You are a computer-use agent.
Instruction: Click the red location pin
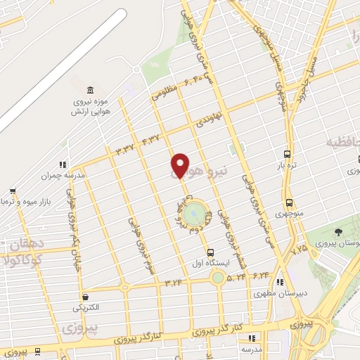[x=180, y=165]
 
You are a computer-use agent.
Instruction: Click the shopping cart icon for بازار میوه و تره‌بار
[x=13, y=191]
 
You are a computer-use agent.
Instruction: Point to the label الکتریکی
[x=85, y=307]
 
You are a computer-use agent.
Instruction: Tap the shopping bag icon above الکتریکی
[x=85, y=297]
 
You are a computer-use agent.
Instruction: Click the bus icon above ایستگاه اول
[x=210, y=252]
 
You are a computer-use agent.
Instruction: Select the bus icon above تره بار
[x=287, y=154]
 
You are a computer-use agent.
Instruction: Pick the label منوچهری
[x=288, y=212]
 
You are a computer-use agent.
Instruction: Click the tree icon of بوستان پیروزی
[x=339, y=231]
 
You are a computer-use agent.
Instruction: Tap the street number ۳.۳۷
[x=125, y=148]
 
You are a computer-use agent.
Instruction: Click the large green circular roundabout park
[x=198, y=212]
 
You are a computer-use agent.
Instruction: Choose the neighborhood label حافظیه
[x=342, y=143]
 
